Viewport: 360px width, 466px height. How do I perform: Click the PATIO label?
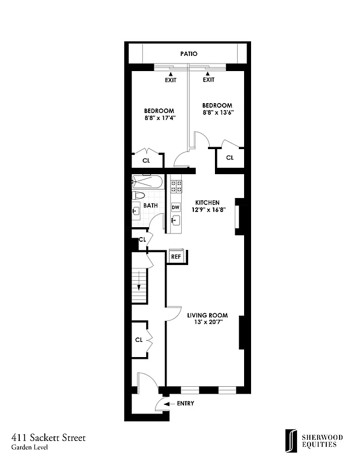tap(188, 54)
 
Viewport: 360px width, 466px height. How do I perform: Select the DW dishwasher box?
tap(175, 207)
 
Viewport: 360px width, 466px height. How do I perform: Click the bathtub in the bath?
tap(147, 181)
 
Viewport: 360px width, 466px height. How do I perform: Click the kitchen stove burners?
tap(175, 186)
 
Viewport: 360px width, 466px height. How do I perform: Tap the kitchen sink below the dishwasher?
tap(175, 220)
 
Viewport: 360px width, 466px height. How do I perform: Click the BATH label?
tap(151, 206)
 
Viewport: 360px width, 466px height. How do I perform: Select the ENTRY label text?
tap(185, 403)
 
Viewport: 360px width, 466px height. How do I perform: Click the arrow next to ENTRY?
tap(167, 403)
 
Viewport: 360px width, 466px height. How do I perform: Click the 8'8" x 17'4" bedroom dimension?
tap(160, 118)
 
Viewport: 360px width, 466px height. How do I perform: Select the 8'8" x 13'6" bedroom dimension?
tap(217, 113)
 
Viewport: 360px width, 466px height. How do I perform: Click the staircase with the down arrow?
tap(139, 286)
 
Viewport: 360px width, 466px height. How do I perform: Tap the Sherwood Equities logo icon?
tap(288, 440)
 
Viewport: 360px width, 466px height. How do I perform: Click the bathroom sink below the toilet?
tap(136, 211)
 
